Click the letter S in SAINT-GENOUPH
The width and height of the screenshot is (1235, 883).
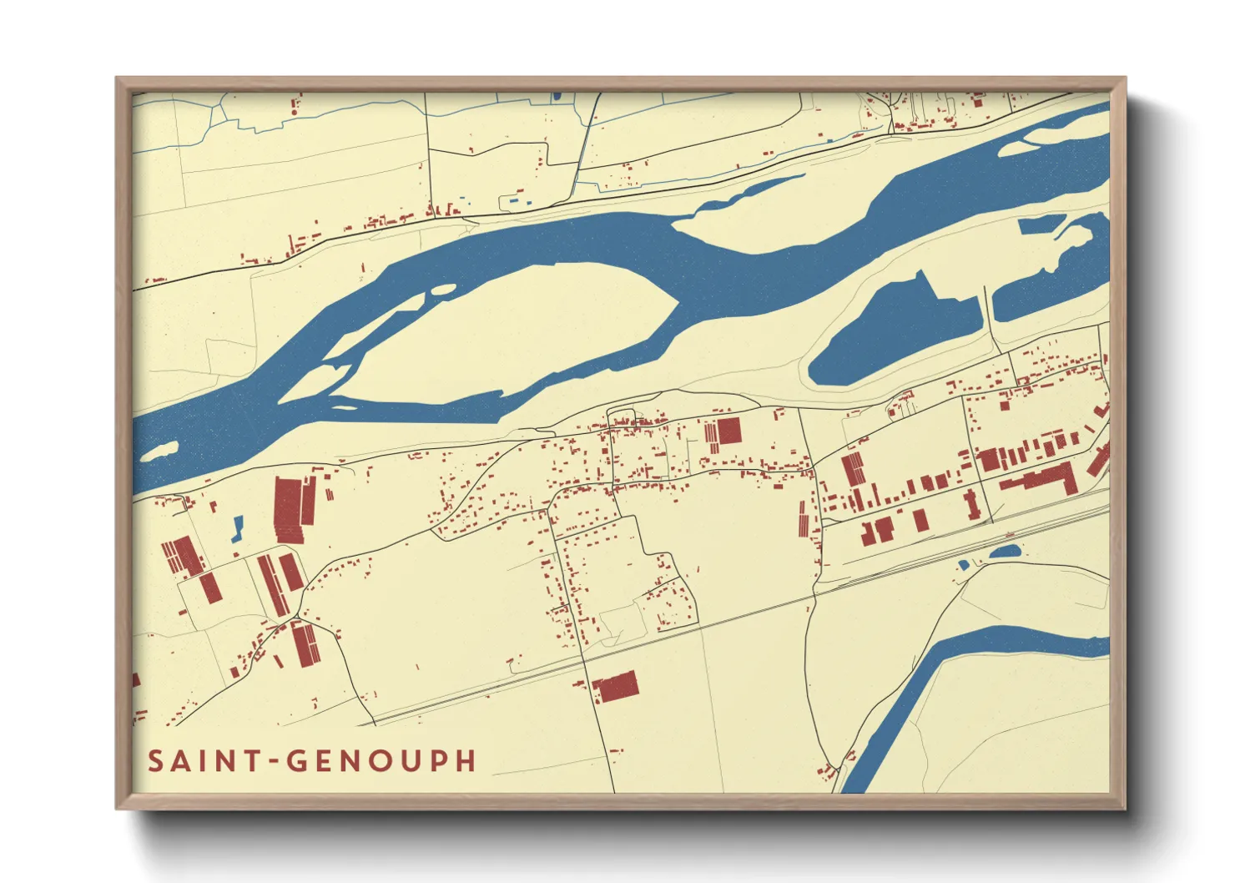tap(155, 761)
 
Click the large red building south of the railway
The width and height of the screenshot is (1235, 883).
tap(617, 687)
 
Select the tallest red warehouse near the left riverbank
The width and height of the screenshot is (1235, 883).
tap(286, 510)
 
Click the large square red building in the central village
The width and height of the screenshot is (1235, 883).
tap(728, 431)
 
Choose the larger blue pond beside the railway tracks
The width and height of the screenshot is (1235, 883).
tap(1005, 552)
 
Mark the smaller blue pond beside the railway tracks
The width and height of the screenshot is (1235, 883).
tap(964, 565)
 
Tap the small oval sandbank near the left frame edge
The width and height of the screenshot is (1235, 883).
tap(159, 452)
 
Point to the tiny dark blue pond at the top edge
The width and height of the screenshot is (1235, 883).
tap(556, 97)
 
